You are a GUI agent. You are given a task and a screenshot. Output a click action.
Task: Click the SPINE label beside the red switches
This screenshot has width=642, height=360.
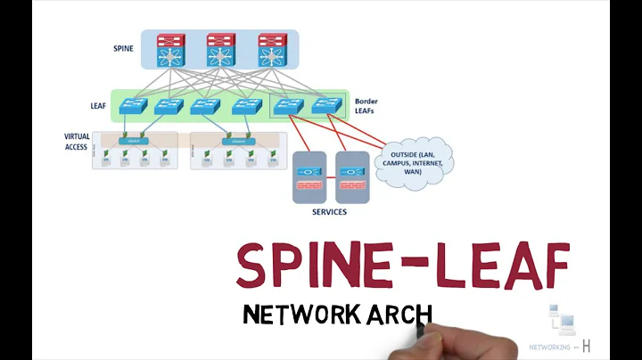tap(124, 48)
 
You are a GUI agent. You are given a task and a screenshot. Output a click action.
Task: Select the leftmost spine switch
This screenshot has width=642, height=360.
tap(168, 51)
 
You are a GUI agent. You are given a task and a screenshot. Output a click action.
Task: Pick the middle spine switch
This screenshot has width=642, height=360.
tap(219, 51)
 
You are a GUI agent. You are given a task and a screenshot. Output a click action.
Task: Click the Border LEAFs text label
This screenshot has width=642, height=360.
tap(366, 107)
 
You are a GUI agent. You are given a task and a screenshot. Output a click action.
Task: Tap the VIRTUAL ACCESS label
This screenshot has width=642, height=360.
tap(77, 143)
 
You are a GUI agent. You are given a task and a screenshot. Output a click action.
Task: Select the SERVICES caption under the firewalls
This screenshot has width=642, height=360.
tap(329, 212)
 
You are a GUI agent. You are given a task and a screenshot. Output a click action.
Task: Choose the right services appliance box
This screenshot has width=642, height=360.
tap(351, 177)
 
